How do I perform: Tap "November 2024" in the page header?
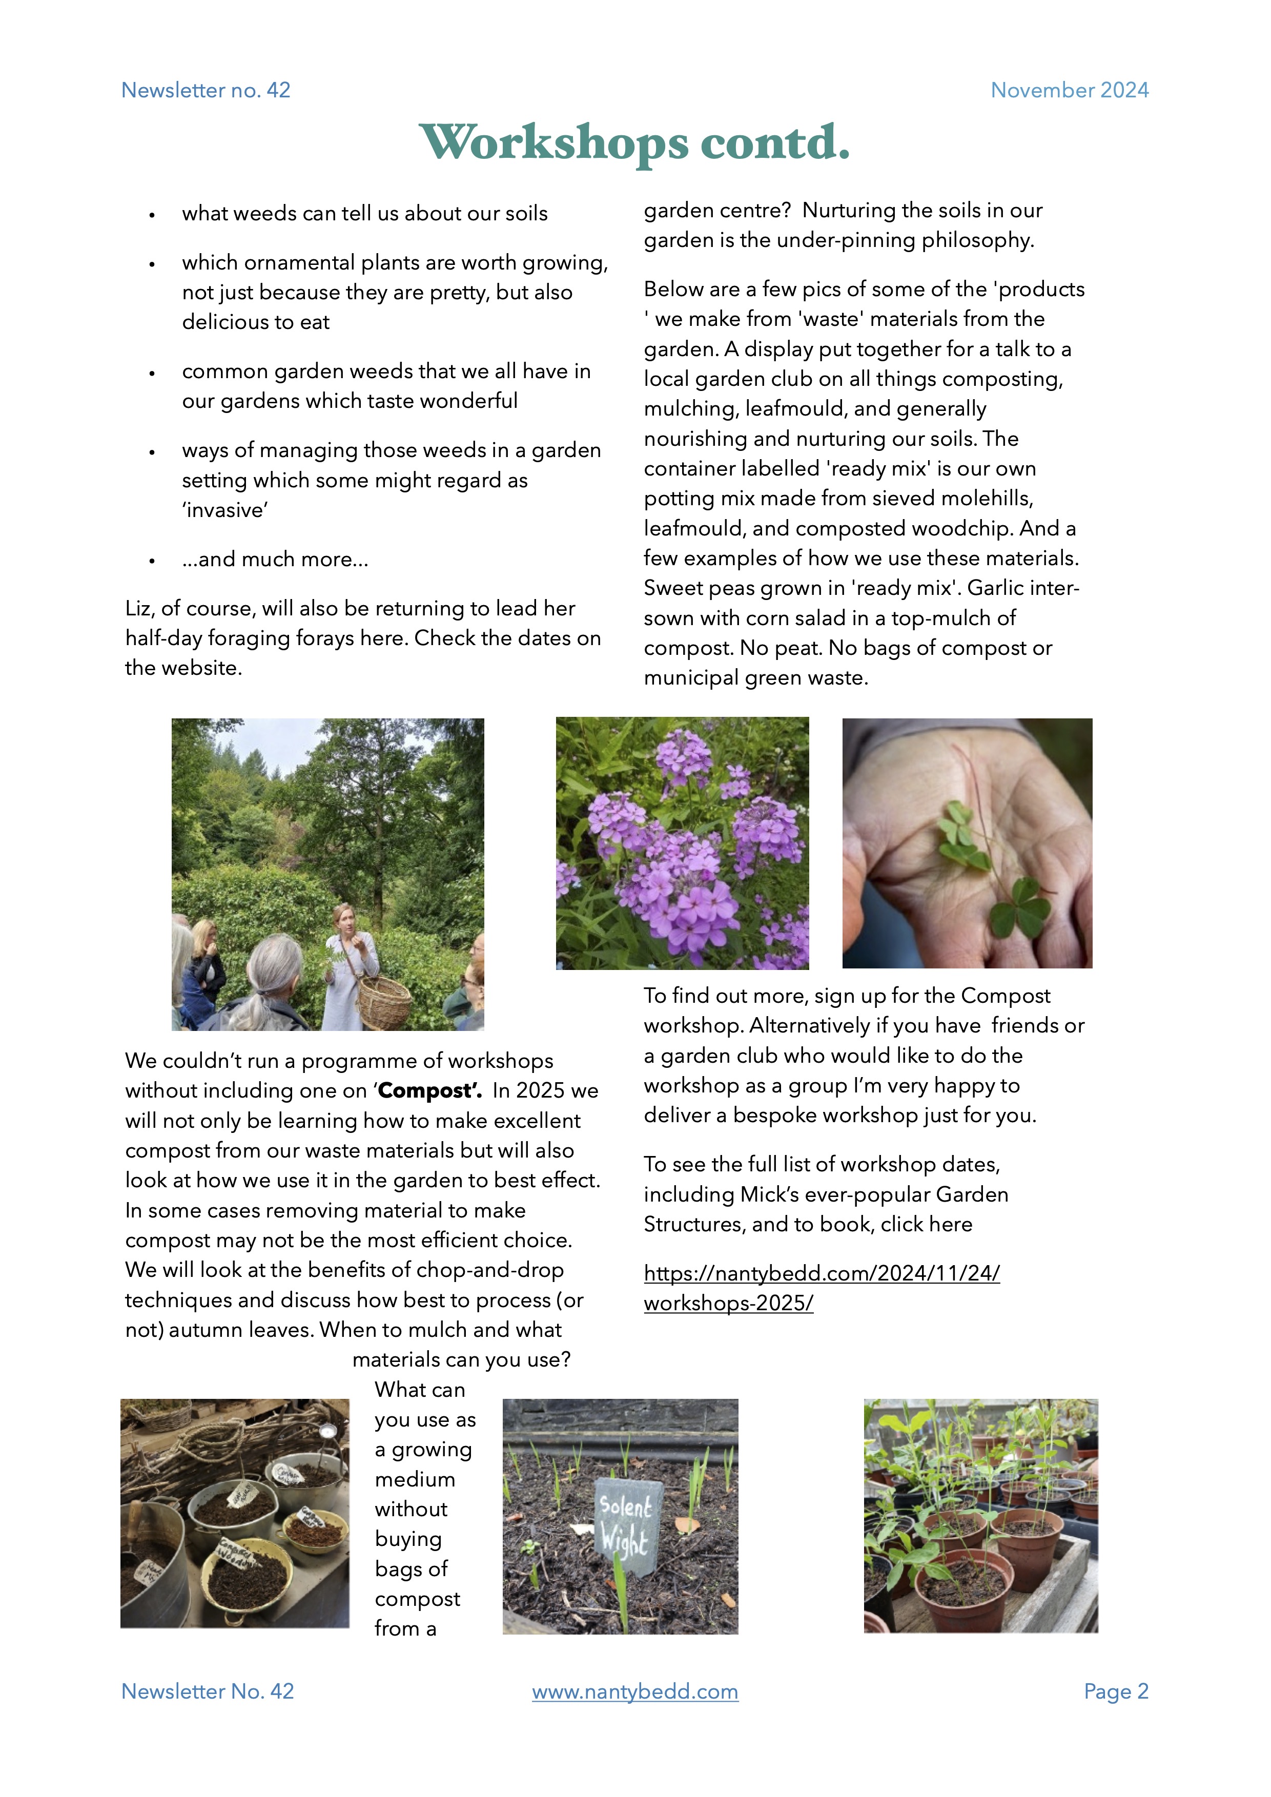pyautogui.click(x=1069, y=90)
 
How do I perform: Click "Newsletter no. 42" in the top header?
pyautogui.click(x=206, y=90)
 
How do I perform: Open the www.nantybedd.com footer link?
pyautogui.click(x=634, y=1691)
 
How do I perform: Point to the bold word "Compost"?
pyautogui.click(x=429, y=1091)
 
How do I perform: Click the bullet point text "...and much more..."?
pyautogui.click(x=275, y=560)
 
